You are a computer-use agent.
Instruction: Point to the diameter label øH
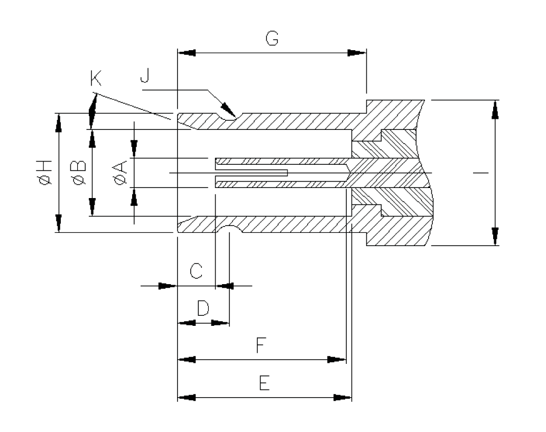(x=44, y=173)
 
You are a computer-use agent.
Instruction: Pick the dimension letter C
(x=196, y=271)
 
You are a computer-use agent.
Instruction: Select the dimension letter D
(x=203, y=308)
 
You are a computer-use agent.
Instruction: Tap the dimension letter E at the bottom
(x=263, y=382)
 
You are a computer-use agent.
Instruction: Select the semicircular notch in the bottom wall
(x=228, y=229)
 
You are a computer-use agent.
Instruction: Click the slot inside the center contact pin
(x=251, y=173)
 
